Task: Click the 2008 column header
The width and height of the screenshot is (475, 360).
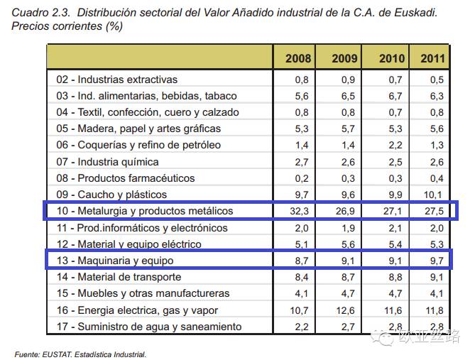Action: (297, 58)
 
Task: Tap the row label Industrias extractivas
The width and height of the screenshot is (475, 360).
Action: (127, 80)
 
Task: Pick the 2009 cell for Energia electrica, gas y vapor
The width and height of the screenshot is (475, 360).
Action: (344, 310)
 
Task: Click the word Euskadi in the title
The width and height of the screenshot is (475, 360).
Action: (415, 13)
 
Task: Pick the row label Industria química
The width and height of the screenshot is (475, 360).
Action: (118, 162)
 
